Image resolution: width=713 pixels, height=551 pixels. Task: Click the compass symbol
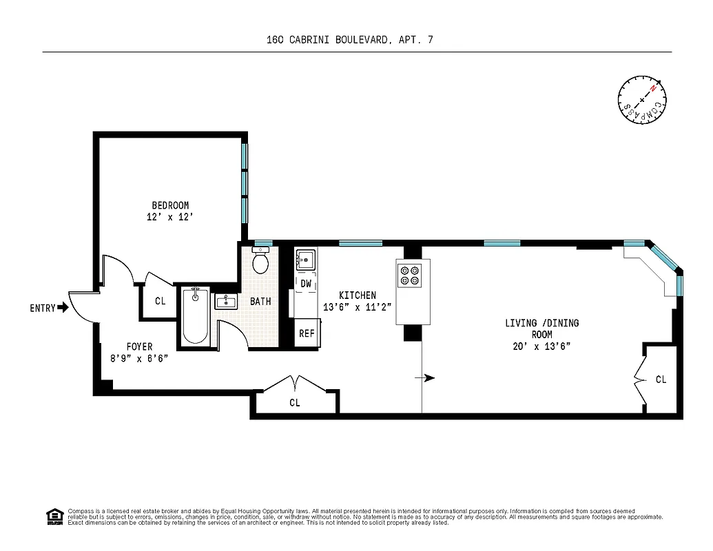642,101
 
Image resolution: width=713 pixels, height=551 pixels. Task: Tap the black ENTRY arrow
63,308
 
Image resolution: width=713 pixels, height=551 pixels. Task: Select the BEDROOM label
170,205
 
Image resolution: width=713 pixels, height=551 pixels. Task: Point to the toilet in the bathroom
261,261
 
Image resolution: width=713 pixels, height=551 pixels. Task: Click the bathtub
195,315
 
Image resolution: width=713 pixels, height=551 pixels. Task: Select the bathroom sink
226,302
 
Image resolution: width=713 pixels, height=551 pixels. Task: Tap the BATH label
260,302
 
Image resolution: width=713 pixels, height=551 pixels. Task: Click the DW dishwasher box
306,283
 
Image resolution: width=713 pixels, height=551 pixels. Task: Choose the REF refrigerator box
306,333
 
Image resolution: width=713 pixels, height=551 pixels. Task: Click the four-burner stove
409,275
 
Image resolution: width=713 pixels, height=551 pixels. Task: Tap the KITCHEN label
357,295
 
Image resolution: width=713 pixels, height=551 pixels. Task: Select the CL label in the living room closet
661,380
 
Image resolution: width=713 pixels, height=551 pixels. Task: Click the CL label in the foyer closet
160,301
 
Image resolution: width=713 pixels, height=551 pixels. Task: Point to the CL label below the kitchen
295,403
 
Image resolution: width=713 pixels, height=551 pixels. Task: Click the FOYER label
139,346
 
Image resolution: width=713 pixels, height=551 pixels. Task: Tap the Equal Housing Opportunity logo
54,516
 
